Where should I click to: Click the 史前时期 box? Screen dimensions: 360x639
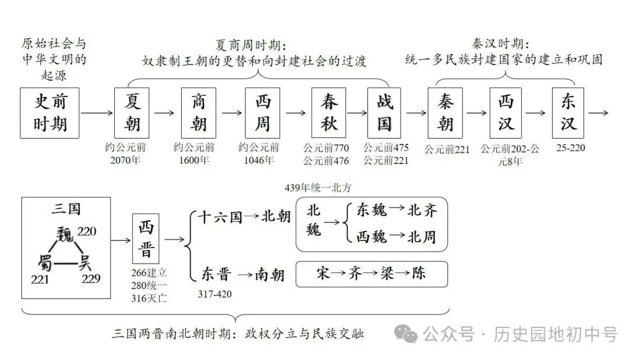tap(50, 112)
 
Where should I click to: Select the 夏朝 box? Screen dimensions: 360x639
tap(131, 112)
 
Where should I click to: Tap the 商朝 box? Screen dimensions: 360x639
tap(199, 112)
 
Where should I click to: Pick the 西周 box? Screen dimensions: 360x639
tap(263, 112)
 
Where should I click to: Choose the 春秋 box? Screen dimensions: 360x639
tap(330, 112)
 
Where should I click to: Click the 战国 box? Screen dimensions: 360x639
tap(385, 112)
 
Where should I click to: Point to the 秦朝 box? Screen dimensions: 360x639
tap(446, 112)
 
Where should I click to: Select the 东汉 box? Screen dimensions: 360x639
tap(568, 112)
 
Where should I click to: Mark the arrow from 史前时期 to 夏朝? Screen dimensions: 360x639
tap(96, 112)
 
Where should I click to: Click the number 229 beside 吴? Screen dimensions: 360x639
tap(91, 278)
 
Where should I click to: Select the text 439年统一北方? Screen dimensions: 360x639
tap(318, 188)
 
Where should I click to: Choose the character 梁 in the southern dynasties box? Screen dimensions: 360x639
tap(387, 273)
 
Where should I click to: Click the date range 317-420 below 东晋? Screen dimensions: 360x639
tap(215, 294)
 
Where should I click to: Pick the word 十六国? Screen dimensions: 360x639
tap(220, 217)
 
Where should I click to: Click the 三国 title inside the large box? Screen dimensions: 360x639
tap(66, 208)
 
